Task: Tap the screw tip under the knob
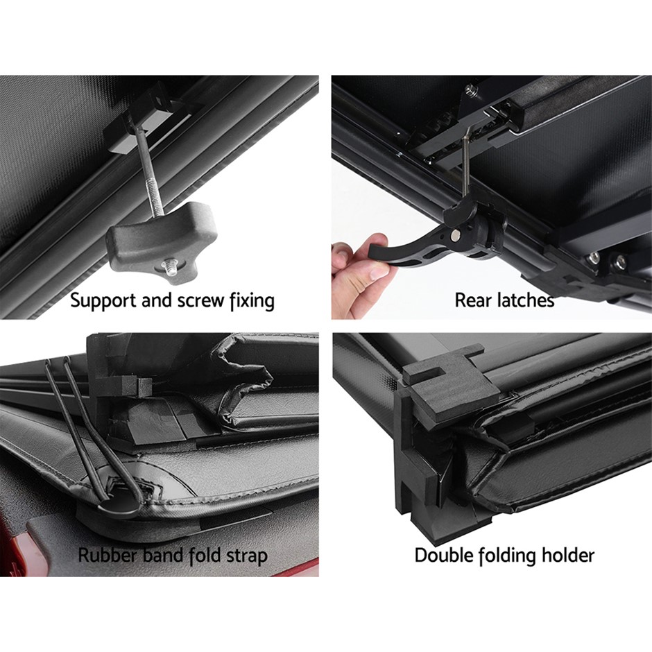click(170, 264)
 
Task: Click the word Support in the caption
click(103, 301)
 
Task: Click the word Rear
click(470, 300)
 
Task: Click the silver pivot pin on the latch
click(455, 235)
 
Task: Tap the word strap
click(246, 557)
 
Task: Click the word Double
click(444, 555)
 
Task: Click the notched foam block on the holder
click(449, 381)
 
